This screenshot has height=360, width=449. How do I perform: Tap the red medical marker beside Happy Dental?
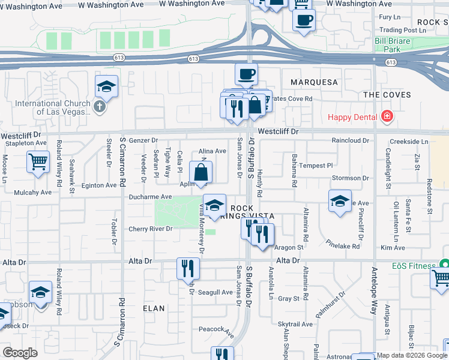click(387, 116)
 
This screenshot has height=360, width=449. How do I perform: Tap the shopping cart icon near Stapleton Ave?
click(38, 161)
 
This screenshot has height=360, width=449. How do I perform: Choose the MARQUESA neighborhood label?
click(314, 82)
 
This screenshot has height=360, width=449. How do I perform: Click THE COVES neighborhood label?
click(387, 95)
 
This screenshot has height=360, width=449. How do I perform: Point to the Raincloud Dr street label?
click(350, 140)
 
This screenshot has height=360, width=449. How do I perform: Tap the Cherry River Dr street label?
click(151, 229)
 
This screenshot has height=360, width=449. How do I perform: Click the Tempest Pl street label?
click(316, 166)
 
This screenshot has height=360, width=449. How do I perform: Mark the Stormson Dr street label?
click(350, 178)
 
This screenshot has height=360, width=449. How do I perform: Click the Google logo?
click(20, 353)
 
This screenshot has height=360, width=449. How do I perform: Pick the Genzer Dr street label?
click(143, 140)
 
